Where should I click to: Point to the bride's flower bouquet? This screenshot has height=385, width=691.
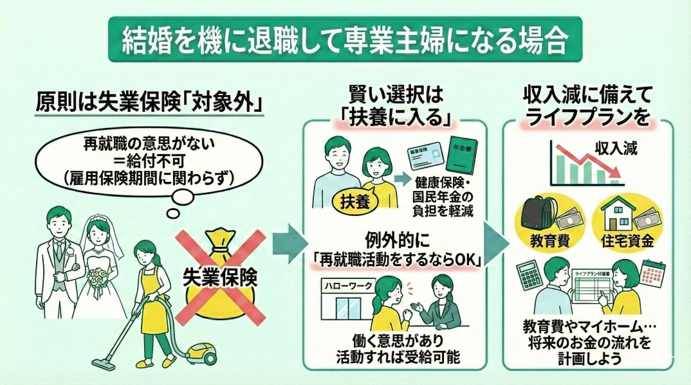click(97, 278)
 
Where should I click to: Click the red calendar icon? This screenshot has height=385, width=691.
click(653, 273)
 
